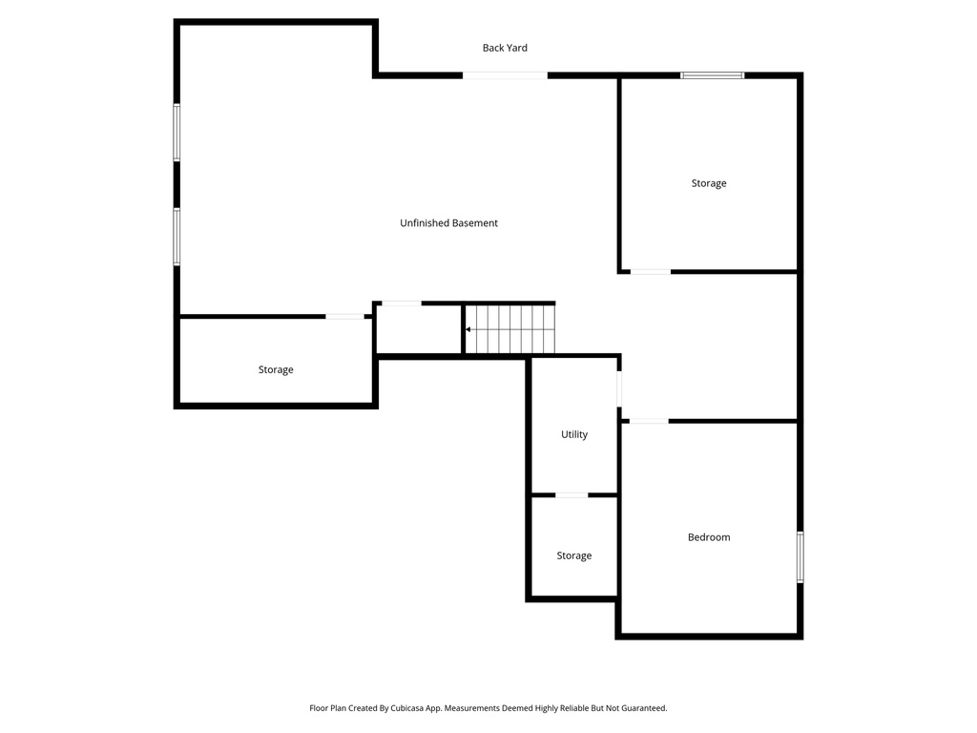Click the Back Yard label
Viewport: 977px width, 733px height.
(505, 48)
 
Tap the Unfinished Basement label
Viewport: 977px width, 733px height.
(448, 223)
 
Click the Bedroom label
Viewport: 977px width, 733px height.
(709, 537)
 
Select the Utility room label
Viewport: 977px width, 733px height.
(574, 434)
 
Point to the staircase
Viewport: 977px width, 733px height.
(509, 329)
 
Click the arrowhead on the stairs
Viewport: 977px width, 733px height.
(468, 330)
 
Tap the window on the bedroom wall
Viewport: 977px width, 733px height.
(800, 557)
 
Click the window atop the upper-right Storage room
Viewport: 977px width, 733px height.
(712, 74)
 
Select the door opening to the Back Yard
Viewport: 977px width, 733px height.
(505, 75)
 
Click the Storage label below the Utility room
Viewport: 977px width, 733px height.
(574, 555)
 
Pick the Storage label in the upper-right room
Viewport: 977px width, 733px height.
(709, 183)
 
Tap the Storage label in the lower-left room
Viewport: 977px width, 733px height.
(276, 369)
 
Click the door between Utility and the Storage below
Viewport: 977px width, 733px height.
(572, 495)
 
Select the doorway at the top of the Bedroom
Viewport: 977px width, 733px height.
(649, 421)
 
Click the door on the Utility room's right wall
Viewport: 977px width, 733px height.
(619, 389)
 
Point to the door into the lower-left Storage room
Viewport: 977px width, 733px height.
(344, 316)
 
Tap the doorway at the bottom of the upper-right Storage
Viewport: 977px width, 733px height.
(650, 272)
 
